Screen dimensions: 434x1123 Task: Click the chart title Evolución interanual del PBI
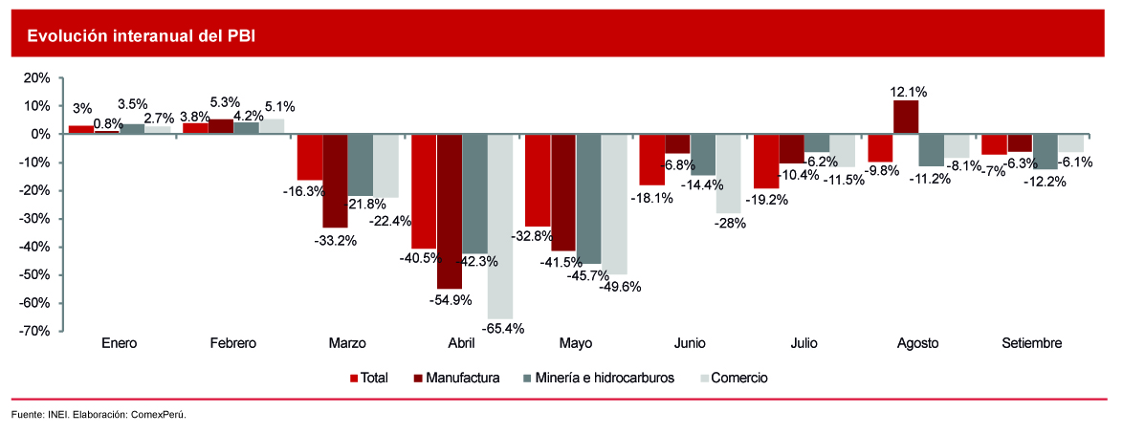[x=141, y=36]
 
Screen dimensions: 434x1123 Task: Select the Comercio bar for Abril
[x=500, y=227]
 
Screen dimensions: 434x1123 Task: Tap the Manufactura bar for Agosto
[x=906, y=117]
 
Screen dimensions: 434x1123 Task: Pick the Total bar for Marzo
[x=309, y=157]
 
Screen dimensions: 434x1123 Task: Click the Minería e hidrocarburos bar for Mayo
[x=588, y=199]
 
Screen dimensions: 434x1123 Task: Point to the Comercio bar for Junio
[x=728, y=173]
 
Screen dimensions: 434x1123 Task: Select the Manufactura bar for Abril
[x=450, y=211]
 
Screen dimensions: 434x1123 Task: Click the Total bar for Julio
[x=765, y=162]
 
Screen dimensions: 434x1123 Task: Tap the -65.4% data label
[x=500, y=329]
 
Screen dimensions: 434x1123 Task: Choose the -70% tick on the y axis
[x=37, y=332]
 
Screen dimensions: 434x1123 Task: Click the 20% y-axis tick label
[x=39, y=77]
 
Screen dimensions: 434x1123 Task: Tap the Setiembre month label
[x=1031, y=343]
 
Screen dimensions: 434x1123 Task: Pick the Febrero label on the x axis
[x=232, y=343]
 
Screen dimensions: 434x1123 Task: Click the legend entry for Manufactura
[x=456, y=378]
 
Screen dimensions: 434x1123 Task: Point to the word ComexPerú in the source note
[x=158, y=415]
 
